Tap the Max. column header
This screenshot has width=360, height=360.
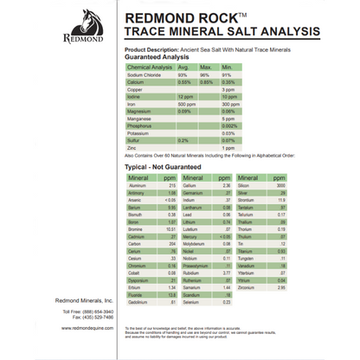coord(207,67)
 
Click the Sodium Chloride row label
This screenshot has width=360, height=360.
coord(146,74)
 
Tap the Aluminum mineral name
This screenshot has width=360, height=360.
coord(138,185)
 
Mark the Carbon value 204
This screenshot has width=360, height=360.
coord(171,244)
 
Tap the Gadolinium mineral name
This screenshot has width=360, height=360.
coord(139,301)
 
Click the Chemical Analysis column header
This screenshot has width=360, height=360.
coord(149,67)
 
